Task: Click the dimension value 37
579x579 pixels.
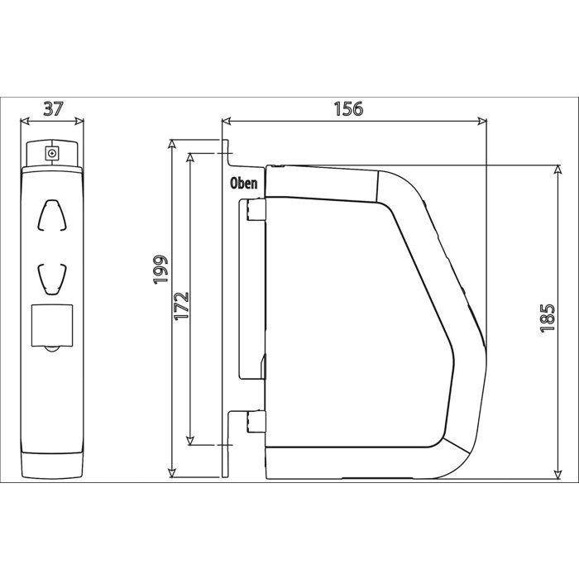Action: (54, 109)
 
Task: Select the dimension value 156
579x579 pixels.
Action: (348, 109)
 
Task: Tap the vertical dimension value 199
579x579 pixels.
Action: (161, 270)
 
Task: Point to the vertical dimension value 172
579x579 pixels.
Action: (182, 306)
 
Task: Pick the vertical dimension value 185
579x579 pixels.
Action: (548, 318)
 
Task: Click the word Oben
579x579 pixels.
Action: (244, 183)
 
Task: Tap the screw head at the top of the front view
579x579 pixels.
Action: (52, 152)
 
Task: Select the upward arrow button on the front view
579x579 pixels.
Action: (52, 216)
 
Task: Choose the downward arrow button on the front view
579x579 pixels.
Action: (52, 280)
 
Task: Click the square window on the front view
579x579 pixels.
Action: (52, 325)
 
